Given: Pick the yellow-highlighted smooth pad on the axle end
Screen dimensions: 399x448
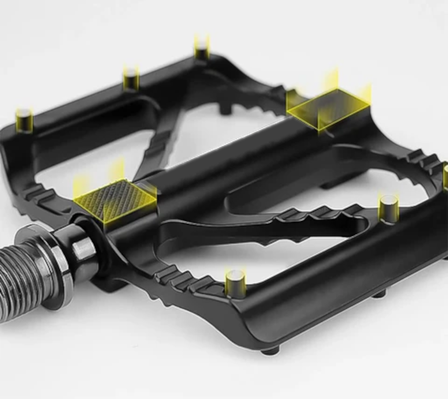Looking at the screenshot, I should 328,108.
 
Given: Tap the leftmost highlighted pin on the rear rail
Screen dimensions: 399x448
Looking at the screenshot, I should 24,120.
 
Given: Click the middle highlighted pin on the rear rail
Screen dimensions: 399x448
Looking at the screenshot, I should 131,78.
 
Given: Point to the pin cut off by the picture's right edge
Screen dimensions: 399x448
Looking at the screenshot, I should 445,177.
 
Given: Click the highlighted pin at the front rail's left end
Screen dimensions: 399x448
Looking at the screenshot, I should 235,283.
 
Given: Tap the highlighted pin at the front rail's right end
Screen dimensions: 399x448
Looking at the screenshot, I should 388,208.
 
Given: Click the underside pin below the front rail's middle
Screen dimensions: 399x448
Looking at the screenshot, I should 379,293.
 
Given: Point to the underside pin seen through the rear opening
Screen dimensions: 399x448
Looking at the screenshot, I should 225,109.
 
